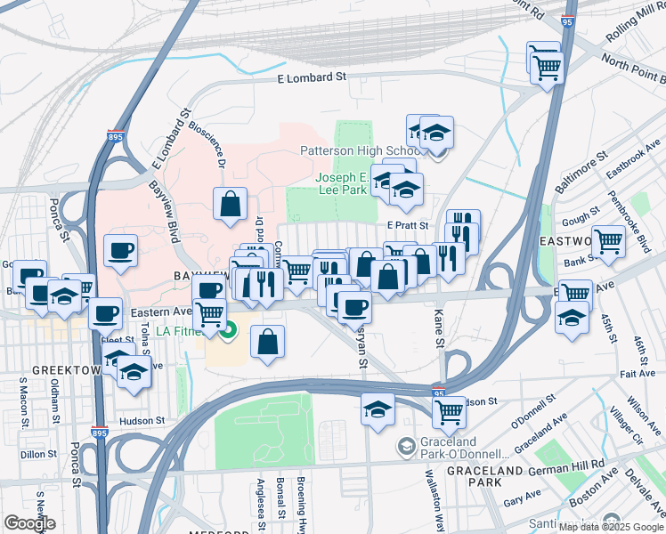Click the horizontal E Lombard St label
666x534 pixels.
click(x=312, y=78)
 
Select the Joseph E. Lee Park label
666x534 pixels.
click(x=342, y=183)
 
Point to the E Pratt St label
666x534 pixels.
click(x=408, y=226)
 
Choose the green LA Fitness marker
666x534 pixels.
click(x=229, y=332)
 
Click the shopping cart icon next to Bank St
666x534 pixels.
click(x=608, y=239)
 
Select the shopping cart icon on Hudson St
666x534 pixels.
click(x=449, y=410)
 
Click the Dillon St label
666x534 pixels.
click(x=38, y=453)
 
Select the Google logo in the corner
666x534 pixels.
click(x=29, y=523)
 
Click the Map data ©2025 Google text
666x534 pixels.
click(x=610, y=527)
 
